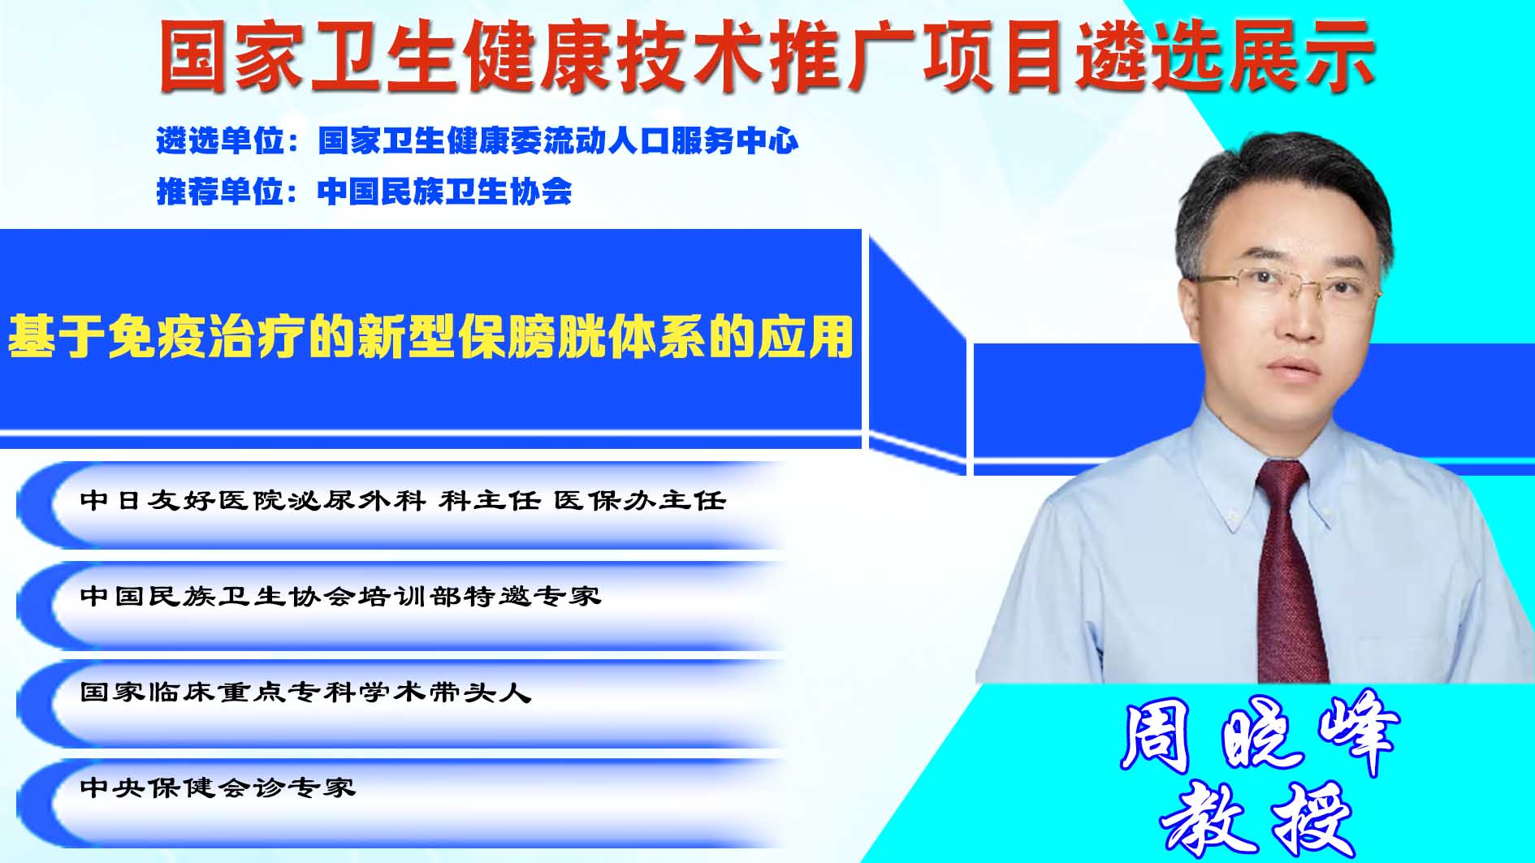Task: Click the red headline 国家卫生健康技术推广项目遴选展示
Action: (x=767, y=55)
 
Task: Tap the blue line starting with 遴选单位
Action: (x=478, y=141)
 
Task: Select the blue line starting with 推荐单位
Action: (x=364, y=192)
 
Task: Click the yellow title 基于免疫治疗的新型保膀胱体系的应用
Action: (x=430, y=337)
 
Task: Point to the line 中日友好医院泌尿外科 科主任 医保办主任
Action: (x=403, y=500)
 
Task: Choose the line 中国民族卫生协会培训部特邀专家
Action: (x=340, y=596)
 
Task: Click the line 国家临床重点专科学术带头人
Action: (x=305, y=692)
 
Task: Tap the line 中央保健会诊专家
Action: (x=218, y=787)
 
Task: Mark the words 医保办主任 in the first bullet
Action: (x=640, y=500)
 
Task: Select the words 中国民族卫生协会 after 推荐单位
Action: (x=445, y=192)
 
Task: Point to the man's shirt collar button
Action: (x=1232, y=517)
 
